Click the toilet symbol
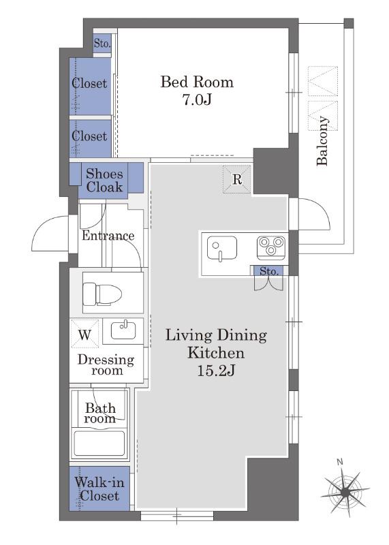pos(102,294)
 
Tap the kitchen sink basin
pos(222,248)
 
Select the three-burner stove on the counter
pos(271,247)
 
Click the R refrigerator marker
pos(237,179)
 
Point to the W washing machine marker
pos(85,334)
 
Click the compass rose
pos(345,491)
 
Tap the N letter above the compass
pos(340,462)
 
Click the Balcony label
pos(322,141)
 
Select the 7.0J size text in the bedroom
pos(197,99)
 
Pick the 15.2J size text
pos(216,371)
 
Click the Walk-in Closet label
pos(99,489)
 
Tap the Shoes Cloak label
pos(104,181)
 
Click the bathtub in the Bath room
pos(99,443)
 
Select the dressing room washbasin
pos(123,330)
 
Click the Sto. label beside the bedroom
pos(102,44)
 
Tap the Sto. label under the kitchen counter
pos(269,270)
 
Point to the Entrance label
pos(108,236)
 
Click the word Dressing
pos(106,360)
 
